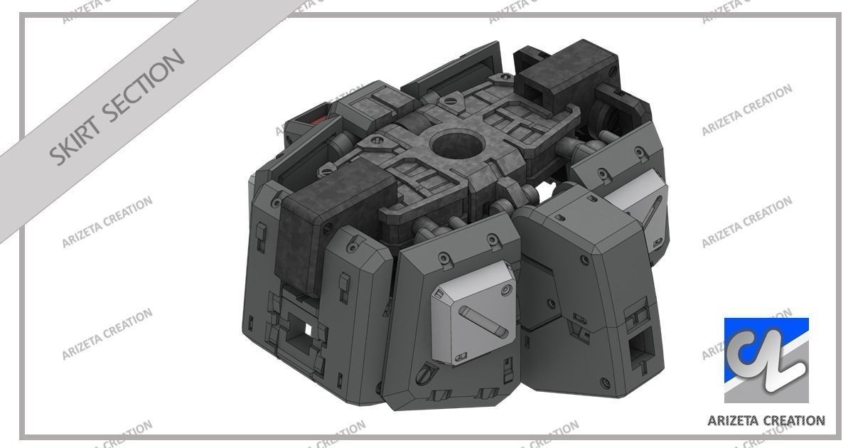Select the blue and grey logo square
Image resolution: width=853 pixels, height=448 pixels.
point(766,360)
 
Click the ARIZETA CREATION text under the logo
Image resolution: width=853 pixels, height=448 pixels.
point(766,420)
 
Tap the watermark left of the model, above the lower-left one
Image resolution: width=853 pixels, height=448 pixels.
point(107,220)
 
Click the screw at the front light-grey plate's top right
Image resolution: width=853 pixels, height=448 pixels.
point(505,289)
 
